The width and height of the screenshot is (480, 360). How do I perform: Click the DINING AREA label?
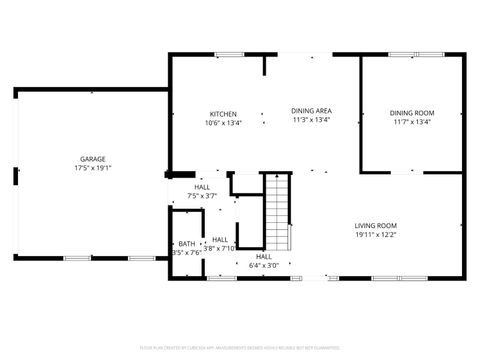(311, 112)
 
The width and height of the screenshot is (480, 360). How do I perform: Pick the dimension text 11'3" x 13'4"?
(311, 121)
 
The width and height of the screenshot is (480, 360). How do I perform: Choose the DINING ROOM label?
(410, 112)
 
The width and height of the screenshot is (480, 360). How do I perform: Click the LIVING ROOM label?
(376, 225)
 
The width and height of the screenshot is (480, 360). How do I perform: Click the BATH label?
(187, 244)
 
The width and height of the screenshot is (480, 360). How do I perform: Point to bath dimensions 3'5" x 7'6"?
(187, 253)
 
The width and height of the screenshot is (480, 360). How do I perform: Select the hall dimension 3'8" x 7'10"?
(219, 248)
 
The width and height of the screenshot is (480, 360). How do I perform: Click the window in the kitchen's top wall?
(229, 54)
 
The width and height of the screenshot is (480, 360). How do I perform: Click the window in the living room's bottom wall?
(386, 277)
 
